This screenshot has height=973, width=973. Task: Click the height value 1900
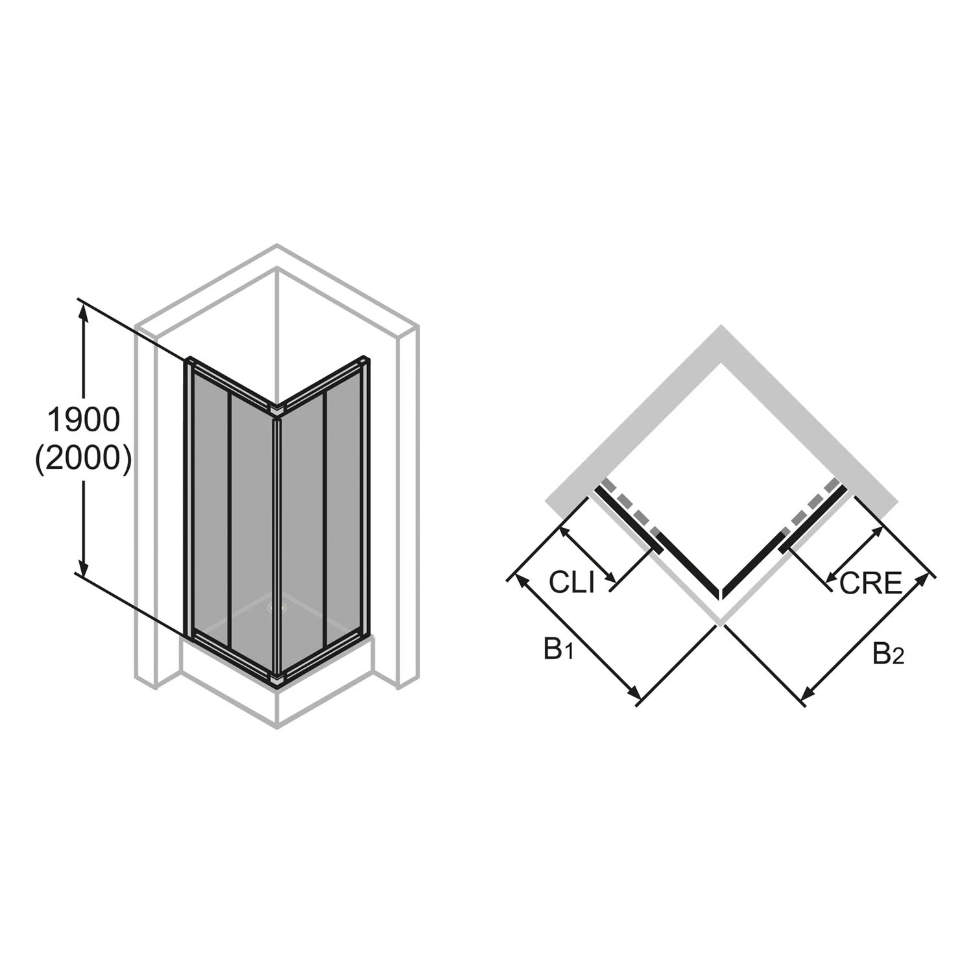(x=84, y=420)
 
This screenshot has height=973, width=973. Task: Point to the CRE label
(x=871, y=583)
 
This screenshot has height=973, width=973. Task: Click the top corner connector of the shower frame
(x=278, y=410)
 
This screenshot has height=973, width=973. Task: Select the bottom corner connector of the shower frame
(x=278, y=679)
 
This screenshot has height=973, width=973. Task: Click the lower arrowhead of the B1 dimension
(x=636, y=695)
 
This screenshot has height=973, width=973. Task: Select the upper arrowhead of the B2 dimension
(x=924, y=580)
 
